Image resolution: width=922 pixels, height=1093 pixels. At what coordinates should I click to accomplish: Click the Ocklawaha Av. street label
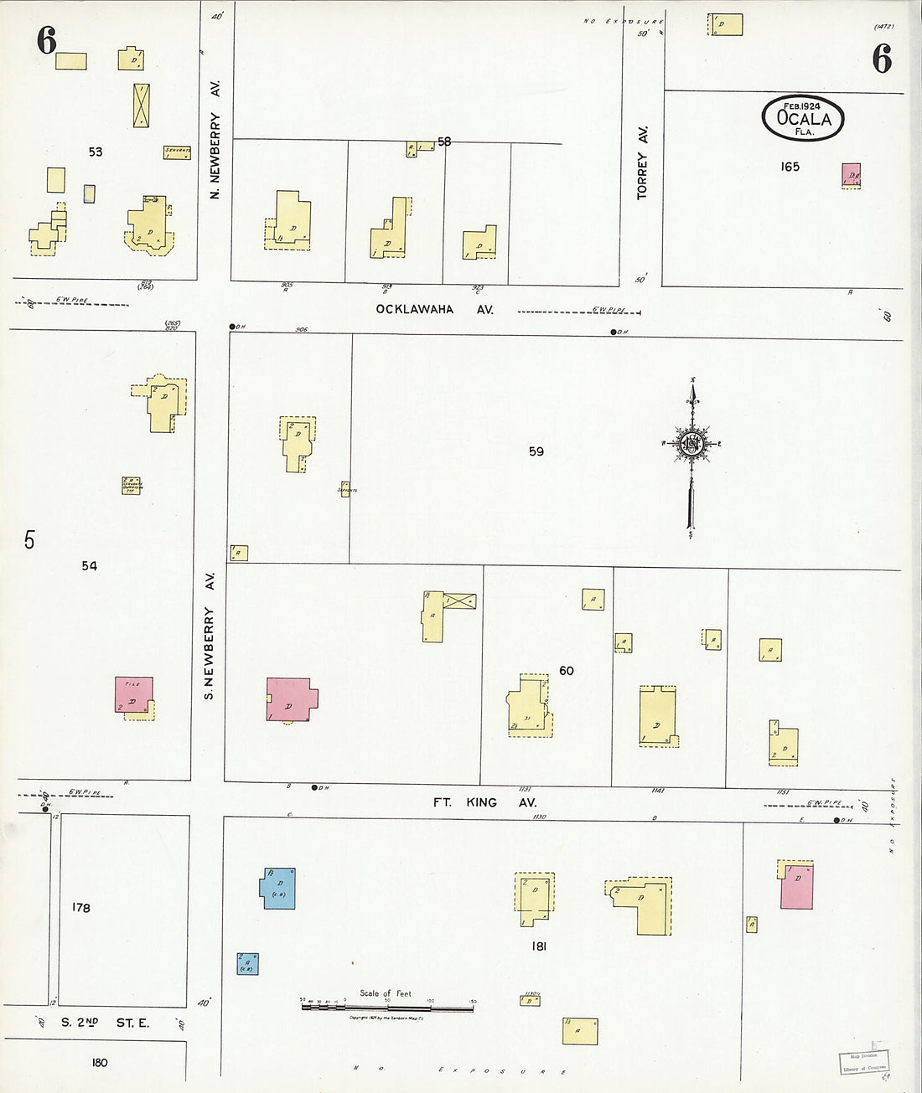pyautogui.click(x=434, y=309)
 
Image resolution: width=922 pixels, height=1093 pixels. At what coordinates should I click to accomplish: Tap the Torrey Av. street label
pyautogui.click(x=642, y=162)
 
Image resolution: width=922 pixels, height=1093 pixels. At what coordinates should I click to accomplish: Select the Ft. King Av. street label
pyautogui.click(x=484, y=802)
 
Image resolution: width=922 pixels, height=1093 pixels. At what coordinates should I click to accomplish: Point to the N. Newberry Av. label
pyautogui.click(x=215, y=139)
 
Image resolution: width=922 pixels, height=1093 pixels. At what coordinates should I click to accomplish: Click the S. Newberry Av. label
pyautogui.click(x=210, y=635)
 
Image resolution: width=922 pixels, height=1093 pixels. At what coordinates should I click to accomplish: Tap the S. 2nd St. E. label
pyautogui.click(x=105, y=1023)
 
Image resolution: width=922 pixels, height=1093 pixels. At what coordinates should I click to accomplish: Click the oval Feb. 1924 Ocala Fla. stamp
pyautogui.click(x=802, y=118)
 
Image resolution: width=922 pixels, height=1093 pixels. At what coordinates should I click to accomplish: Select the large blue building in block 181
pyautogui.click(x=278, y=889)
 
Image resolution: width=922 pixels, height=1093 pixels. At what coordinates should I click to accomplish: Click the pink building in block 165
pyautogui.click(x=852, y=175)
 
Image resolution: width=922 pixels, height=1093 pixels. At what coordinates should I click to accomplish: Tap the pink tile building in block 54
pyautogui.click(x=134, y=695)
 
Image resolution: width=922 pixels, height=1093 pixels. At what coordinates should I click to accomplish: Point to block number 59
pyautogui.click(x=536, y=451)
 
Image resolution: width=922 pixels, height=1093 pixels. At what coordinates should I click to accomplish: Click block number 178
pyautogui.click(x=80, y=907)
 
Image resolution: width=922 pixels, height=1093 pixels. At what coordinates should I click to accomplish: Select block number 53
pyautogui.click(x=96, y=152)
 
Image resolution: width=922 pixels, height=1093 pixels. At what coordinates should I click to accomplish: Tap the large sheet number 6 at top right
pyautogui.click(x=882, y=59)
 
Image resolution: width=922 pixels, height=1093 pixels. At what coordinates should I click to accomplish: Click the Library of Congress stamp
pyautogui.click(x=862, y=1062)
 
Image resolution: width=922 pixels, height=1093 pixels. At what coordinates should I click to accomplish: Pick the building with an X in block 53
pyautogui.click(x=142, y=106)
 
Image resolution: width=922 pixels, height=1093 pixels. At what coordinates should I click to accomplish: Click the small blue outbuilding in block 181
pyautogui.click(x=247, y=964)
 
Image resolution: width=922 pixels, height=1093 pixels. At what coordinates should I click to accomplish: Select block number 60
pyautogui.click(x=567, y=670)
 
